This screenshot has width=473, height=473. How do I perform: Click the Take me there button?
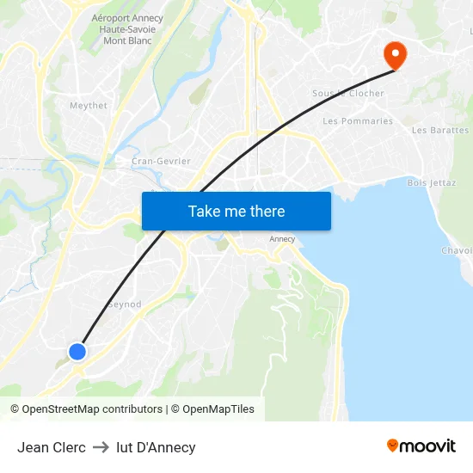click(236, 211)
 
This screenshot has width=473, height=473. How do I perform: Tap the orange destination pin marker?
click(396, 55)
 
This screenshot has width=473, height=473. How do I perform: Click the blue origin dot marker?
click(77, 351)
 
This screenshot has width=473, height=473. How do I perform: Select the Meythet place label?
click(89, 106)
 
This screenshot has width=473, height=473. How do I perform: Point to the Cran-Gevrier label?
click(161, 161)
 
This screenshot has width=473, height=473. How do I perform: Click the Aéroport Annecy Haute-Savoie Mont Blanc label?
click(127, 29)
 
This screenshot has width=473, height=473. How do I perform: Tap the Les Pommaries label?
click(358, 121)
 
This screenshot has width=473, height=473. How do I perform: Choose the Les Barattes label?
click(440, 131)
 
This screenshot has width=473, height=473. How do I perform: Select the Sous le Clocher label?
click(348, 94)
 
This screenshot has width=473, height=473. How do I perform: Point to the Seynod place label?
click(124, 304)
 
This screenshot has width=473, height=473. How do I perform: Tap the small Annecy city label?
click(282, 239)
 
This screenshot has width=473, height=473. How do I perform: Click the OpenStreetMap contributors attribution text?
click(92, 409)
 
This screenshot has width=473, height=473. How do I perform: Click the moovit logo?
click(421, 446)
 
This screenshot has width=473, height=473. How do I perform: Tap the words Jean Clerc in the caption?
click(52, 447)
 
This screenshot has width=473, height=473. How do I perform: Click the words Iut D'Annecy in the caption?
click(156, 447)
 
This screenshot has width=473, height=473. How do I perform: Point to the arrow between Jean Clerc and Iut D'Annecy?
click(101, 447)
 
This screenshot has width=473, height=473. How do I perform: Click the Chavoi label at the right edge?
click(457, 251)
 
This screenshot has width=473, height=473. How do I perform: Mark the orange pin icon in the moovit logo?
click(393, 445)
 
